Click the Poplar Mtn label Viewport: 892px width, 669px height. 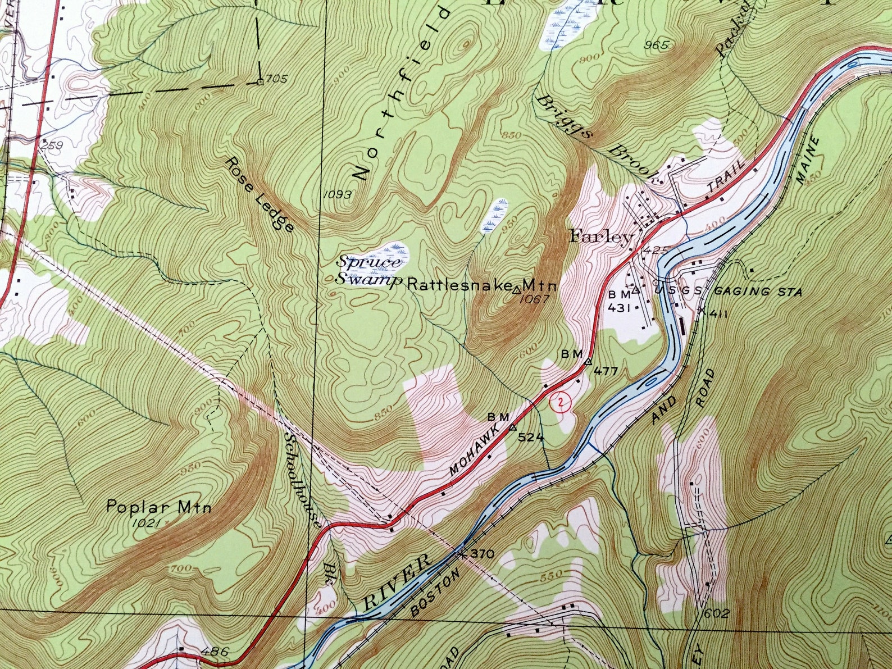coord(159,508)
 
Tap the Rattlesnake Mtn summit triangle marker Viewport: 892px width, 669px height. coord(517,290)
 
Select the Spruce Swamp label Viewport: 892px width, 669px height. coord(370,270)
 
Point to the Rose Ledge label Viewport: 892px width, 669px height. coord(260,194)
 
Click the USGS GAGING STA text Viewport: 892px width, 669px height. coord(727,292)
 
